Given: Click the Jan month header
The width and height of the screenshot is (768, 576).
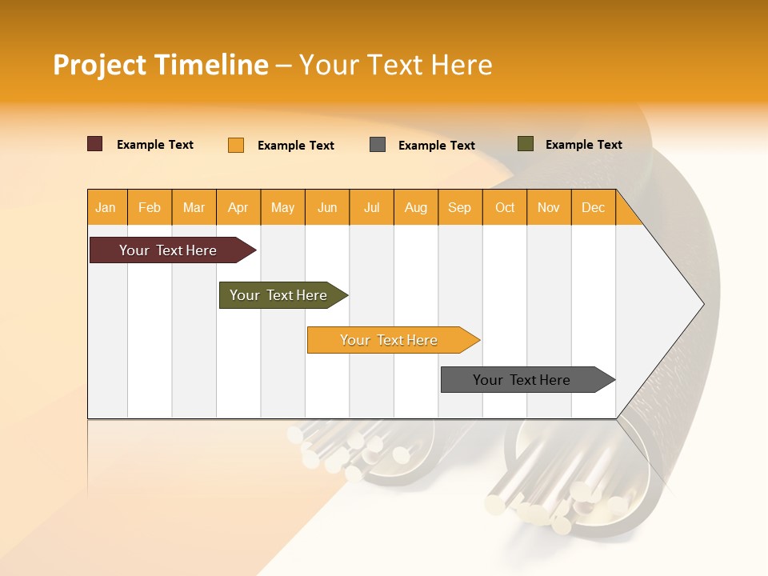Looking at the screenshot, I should click(x=106, y=207).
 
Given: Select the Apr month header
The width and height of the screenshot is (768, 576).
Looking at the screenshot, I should click(x=238, y=207).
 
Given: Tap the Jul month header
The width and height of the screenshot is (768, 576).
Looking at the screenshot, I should click(x=372, y=207).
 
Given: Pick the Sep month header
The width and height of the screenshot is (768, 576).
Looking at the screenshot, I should click(x=460, y=207).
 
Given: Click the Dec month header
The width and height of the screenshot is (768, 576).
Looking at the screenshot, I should click(x=593, y=207).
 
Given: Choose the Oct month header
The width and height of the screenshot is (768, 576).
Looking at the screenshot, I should click(x=505, y=207).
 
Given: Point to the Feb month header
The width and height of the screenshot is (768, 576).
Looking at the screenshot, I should click(x=150, y=207).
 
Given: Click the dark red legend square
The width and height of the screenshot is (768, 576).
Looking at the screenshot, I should click(x=95, y=144).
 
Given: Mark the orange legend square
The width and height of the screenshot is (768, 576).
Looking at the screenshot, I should click(x=236, y=145).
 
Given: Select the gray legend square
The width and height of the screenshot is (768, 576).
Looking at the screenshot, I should click(x=378, y=145).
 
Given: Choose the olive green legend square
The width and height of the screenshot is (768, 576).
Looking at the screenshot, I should click(x=526, y=144).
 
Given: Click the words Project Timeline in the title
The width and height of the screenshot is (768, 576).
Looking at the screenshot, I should click(x=160, y=65).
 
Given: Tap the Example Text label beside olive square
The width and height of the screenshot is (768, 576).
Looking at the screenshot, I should click(x=583, y=145).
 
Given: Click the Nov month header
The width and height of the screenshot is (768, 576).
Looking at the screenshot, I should click(x=549, y=207).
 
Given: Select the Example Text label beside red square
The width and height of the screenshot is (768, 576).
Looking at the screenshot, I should click(x=155, y=145).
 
